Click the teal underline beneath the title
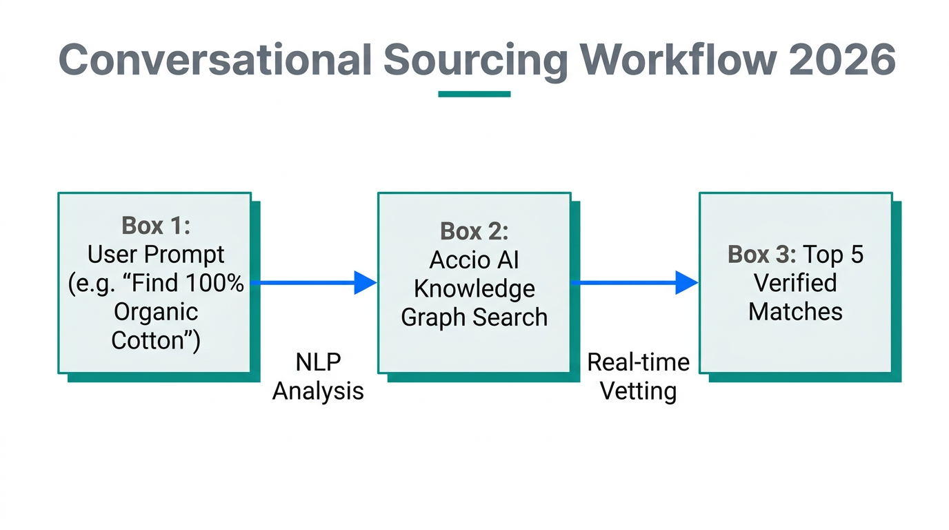coord(474,94)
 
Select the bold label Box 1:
coord(156,226)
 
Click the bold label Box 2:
coord(474,231)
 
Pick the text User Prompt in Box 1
coord(156,255)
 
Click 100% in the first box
coord(214,283)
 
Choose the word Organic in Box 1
coord(156,312)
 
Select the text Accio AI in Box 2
coord(474,260)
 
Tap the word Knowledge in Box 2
coord(474,288)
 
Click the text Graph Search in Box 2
coord(474,317)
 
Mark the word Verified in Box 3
coord(795,283)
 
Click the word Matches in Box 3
coord(795,312)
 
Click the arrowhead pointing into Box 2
coord(365,282)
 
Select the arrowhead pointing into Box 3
coord(686,282)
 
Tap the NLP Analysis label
coord(318,377)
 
